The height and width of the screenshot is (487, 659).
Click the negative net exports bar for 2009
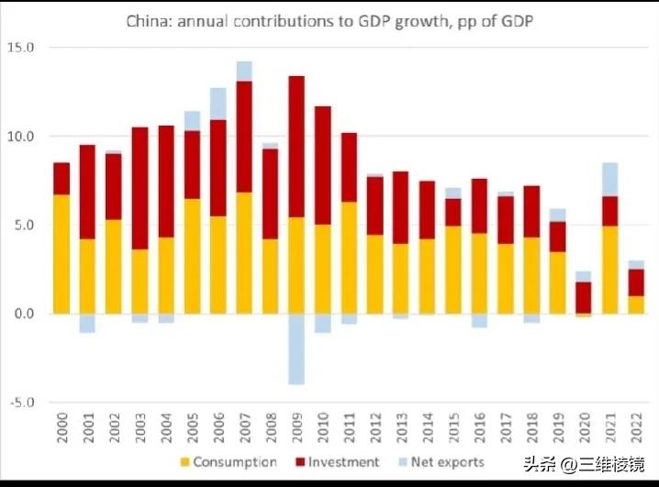[x=296, y=349]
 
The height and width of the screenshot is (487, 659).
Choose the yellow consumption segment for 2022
[x=636, y=304]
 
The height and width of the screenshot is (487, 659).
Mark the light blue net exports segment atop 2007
[x=244, y=71]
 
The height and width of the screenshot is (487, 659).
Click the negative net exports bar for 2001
[x=87, y=323]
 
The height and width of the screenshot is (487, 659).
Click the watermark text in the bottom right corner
[x=583, y=463]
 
